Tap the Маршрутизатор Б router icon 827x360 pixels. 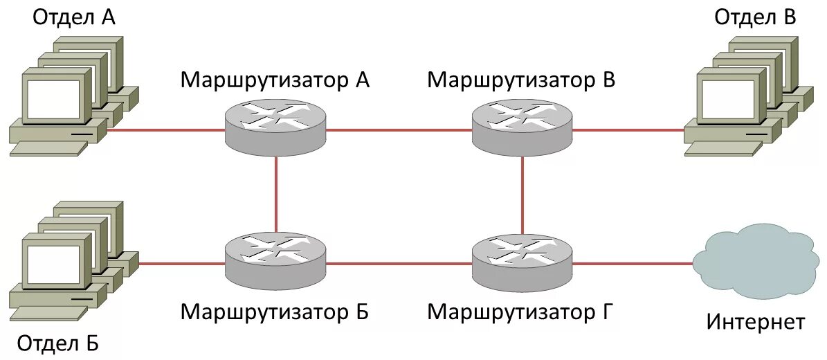point(275,261)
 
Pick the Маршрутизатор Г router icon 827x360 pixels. point(522,261)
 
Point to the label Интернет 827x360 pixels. point(756,321)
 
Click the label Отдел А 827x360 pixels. point(74,17)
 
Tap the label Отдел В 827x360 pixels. point(755,17)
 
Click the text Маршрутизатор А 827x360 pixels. point(275,80)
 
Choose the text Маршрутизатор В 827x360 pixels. point(521,80)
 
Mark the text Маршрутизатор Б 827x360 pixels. point(275,312)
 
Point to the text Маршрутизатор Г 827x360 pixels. point(520,312)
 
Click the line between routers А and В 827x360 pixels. point(399,129)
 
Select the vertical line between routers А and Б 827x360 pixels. point(275,194)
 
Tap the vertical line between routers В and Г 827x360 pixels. point(522,194)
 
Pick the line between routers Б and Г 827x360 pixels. point(399,263)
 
